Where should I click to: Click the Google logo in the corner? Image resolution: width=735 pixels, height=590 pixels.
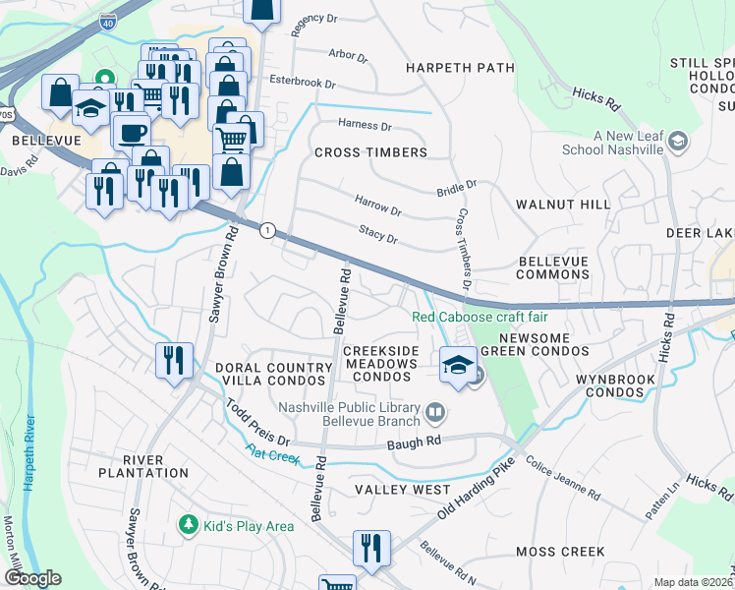31,578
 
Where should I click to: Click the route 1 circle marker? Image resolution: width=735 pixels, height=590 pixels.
266,229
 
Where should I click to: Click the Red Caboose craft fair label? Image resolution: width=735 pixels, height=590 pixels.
480,317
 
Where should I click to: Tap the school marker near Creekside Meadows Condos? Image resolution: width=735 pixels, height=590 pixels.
458,364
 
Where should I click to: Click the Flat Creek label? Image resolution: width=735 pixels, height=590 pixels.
273,453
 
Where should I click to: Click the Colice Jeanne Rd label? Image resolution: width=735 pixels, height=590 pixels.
562,477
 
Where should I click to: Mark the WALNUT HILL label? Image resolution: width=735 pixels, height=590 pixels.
563,204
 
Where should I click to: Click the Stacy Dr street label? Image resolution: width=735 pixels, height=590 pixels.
378,238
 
